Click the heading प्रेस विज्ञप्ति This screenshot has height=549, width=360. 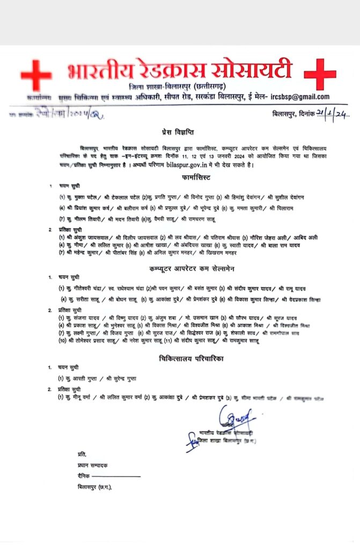click(179, 132)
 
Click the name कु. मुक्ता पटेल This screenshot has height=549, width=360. click(77, 197)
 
